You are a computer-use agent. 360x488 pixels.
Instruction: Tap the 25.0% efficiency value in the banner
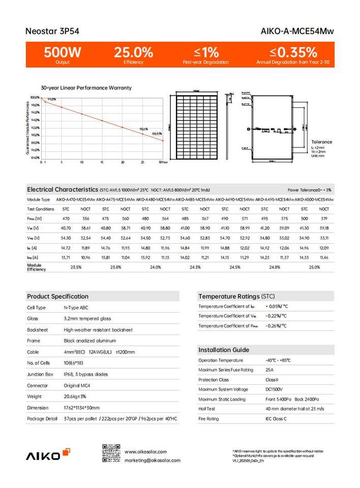(133, 52)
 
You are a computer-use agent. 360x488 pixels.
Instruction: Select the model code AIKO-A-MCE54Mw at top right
(303, 31)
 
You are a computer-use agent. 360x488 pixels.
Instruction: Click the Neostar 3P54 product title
(45, 31)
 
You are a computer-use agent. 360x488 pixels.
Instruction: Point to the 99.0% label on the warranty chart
(51, 99)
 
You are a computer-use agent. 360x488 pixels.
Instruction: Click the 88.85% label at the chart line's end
(157, 133)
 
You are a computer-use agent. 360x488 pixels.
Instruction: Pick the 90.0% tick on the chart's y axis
(35, 135)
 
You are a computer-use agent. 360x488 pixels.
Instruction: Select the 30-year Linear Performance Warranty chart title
(86, 87)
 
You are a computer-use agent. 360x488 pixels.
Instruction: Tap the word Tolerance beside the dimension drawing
(321, 142)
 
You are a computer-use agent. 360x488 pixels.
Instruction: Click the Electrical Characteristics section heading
(63, 189)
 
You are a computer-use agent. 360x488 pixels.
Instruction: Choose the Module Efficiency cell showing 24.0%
(156, 267)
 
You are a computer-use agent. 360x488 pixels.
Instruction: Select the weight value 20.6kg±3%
(76, 396)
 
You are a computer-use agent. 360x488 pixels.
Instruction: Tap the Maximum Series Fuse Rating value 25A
(269, 370)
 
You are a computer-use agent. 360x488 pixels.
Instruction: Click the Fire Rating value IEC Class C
(276, 419)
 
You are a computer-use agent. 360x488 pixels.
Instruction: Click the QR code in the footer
(110, 453)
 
